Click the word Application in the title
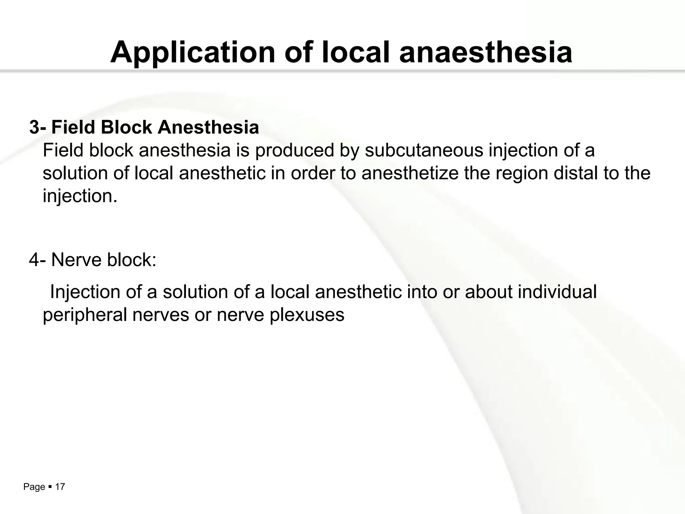pos(192,53)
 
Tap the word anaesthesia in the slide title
pos(486,53)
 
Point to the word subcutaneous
pos(424,150)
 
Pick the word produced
pos(295,150)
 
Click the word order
pos(313,173)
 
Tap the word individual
pos(557,292)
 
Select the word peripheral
pos(85,315)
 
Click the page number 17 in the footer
pos(60,487)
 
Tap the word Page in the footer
pos(34,487)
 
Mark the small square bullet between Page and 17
pos(50,487)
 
